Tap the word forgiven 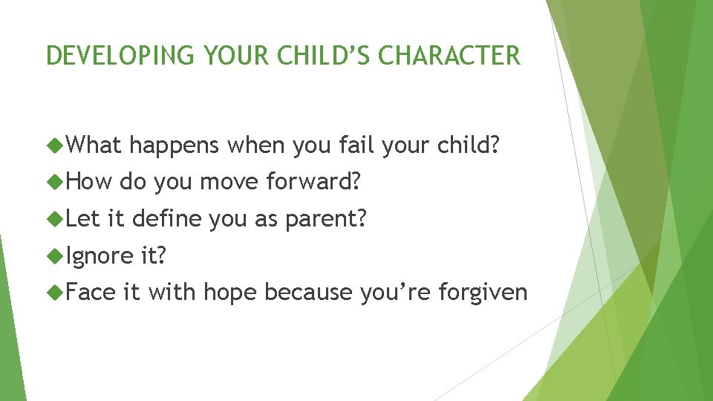[x=483, y=294]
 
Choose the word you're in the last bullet [x=395, y=294]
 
